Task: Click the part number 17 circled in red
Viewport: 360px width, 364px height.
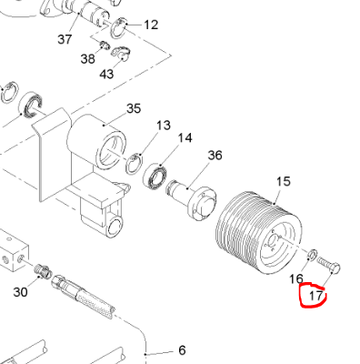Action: click(315, 296)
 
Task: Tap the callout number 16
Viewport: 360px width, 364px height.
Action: click(296, 278)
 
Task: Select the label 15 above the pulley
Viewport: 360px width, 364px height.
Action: click(284, 181)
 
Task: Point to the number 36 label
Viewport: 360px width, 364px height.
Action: click(215, 156)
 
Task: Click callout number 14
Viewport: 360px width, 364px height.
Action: click(185, 138)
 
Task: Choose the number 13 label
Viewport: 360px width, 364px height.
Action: click(164, 126)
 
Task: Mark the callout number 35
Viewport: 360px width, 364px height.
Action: click(134, 108)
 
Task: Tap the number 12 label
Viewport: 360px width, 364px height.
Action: click(151, 25)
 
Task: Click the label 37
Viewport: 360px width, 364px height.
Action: click(65, 39)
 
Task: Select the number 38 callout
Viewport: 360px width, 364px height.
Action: click(88, 58)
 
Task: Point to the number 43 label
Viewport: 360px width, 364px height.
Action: click(106, 74)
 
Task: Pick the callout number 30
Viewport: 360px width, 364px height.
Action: click(21, 292)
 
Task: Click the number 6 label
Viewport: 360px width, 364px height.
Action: click(182, 350)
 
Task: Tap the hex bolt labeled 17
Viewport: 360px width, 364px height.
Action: click(328, 264)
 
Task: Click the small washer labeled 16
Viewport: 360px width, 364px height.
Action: click(313, 255)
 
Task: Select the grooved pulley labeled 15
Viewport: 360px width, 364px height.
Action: click(259, 233)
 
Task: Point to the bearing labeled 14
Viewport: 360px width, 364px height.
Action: click(155, 176)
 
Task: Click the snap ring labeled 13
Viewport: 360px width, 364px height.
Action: click(134, 164)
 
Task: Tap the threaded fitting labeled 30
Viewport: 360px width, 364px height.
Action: click(42, 269)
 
